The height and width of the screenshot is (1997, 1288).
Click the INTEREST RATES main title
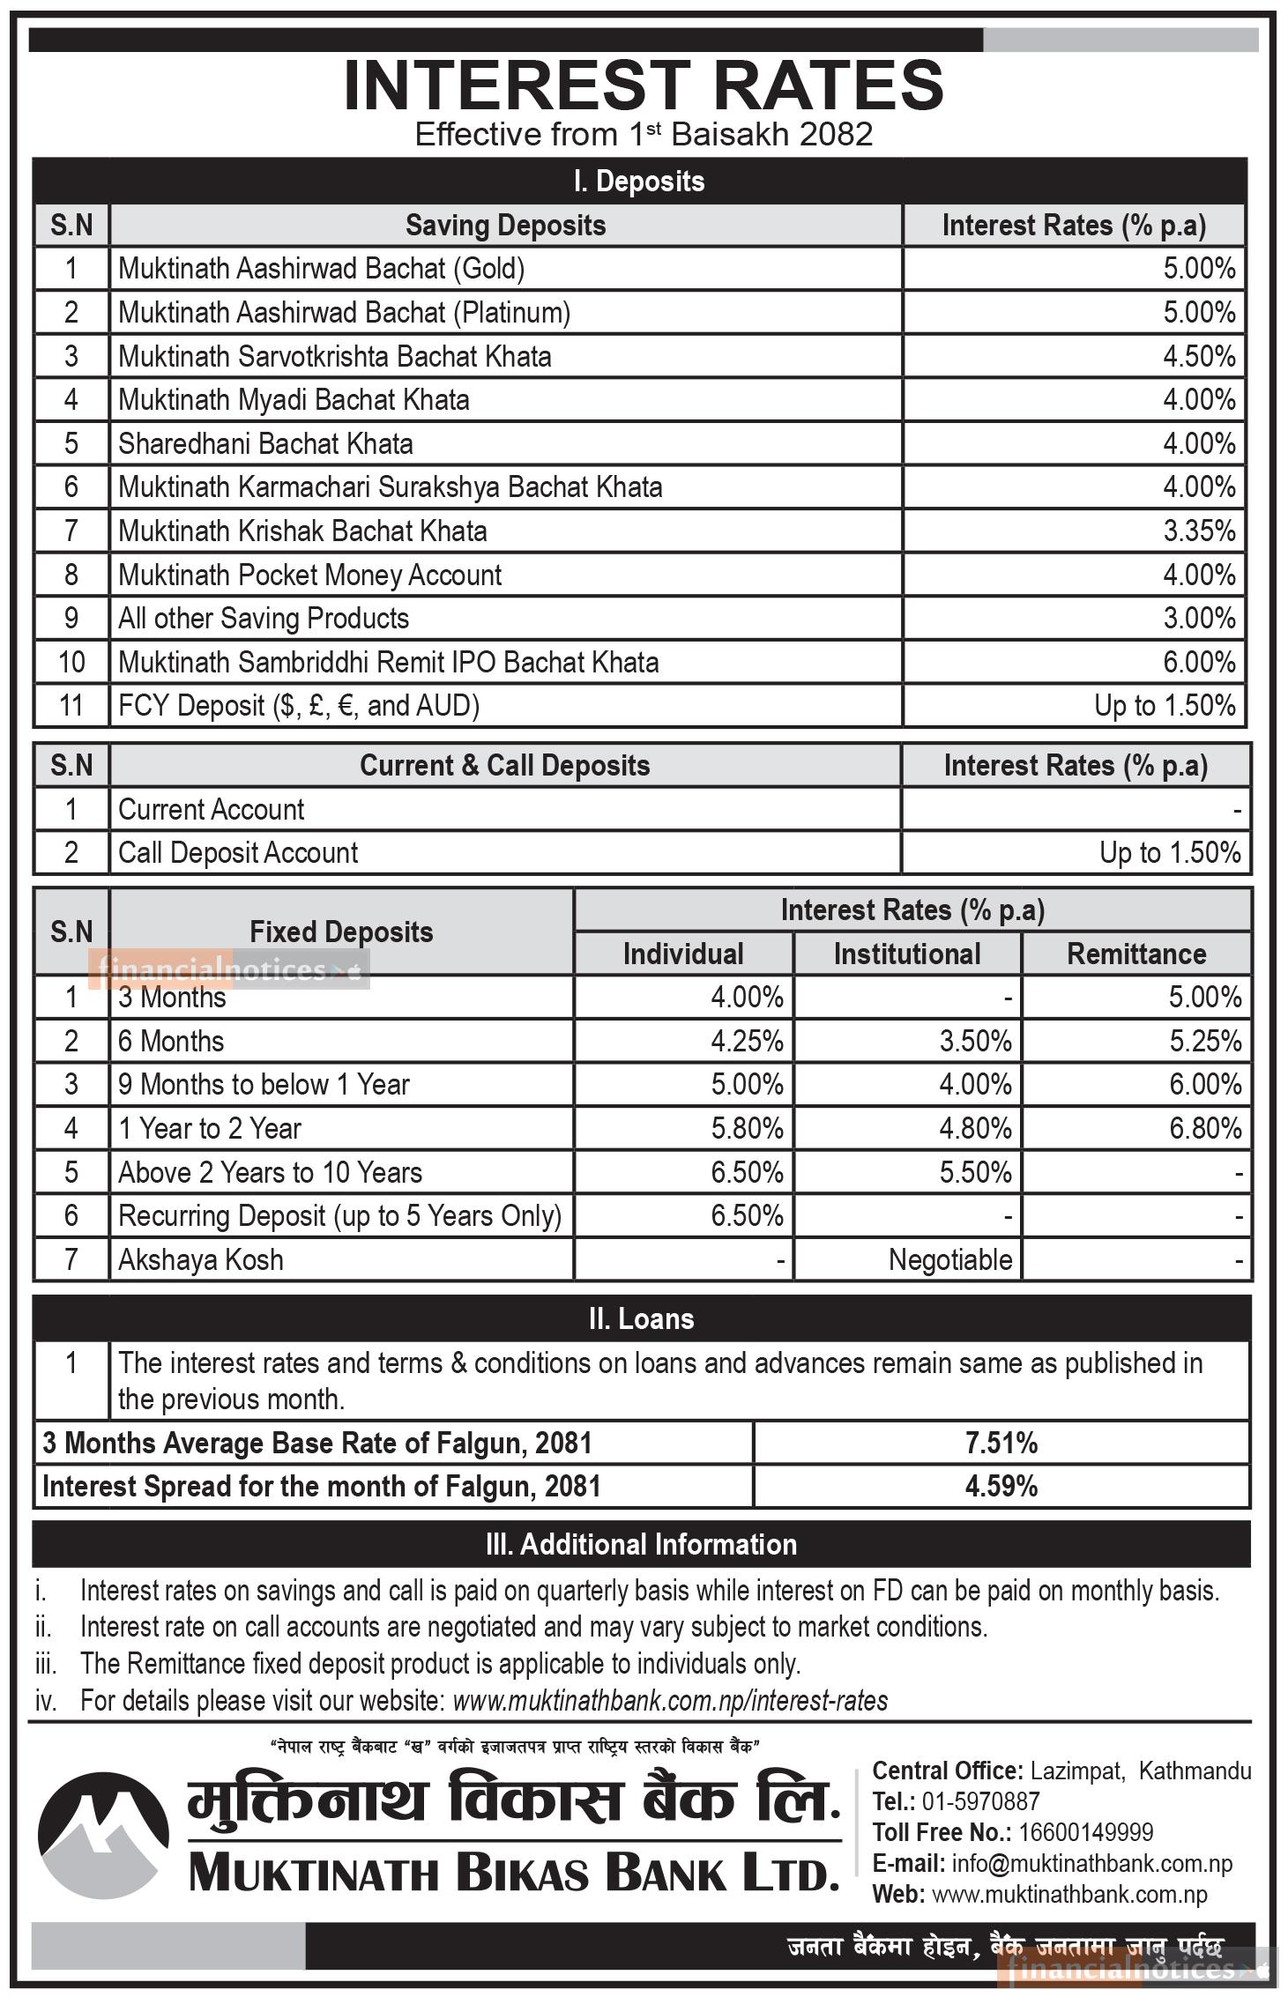[644, 85]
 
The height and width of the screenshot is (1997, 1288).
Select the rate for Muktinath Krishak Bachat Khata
[1198, 531]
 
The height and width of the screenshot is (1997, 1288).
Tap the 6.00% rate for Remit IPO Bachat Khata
[1198, 663]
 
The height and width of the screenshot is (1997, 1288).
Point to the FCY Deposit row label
[299, 706]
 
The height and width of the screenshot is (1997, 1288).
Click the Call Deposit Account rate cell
[1169, 853]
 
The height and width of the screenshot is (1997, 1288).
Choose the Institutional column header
[907, 954]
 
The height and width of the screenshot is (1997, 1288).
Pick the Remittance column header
[1136, 954]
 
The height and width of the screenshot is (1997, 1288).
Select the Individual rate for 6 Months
[747, 1042]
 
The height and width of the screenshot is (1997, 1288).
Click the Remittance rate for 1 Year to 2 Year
[1205, 1129]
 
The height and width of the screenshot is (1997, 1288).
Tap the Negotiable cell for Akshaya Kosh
[949, 1260]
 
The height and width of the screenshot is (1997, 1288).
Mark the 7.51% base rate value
[1001, 1444]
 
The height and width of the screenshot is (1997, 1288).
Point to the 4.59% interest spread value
[1001, 1487]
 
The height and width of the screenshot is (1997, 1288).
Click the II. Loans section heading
[641, 1319]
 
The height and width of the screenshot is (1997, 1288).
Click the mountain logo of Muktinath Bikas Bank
[102, 1830]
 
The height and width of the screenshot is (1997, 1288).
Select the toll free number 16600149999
[1085, 1833]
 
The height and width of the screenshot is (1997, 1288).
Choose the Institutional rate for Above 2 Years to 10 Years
[975, 1173]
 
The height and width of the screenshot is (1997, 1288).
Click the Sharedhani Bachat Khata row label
[265, 444]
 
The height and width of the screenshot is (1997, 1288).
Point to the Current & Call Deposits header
[504, 766]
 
